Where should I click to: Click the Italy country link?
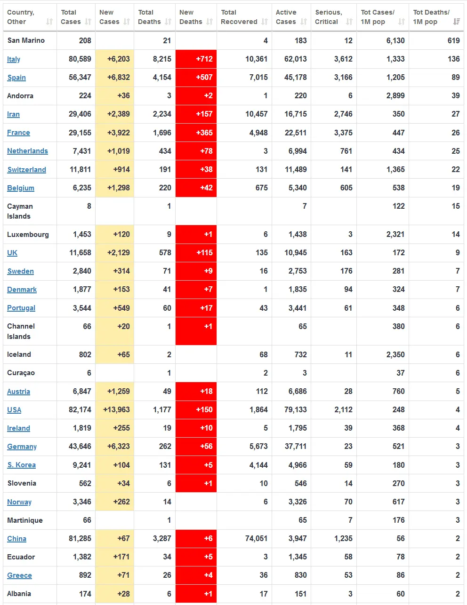[14, 59]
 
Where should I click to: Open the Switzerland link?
[26, 170]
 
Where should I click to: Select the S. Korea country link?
[21, 465]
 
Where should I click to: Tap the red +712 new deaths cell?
[196, 59]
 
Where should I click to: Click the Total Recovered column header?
[239, 17]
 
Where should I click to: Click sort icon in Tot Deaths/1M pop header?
[456, 22]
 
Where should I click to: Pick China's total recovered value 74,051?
[256, 538]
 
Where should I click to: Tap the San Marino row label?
[26, 40]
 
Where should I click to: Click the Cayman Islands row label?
[20, 211]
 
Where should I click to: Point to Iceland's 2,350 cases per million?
[395, 354]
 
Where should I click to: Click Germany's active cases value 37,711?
[296, 446]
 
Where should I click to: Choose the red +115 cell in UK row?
[196, 252]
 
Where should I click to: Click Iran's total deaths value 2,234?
[162, 114]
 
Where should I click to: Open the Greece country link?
[19, 575]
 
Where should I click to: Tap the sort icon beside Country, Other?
[49, 22]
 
